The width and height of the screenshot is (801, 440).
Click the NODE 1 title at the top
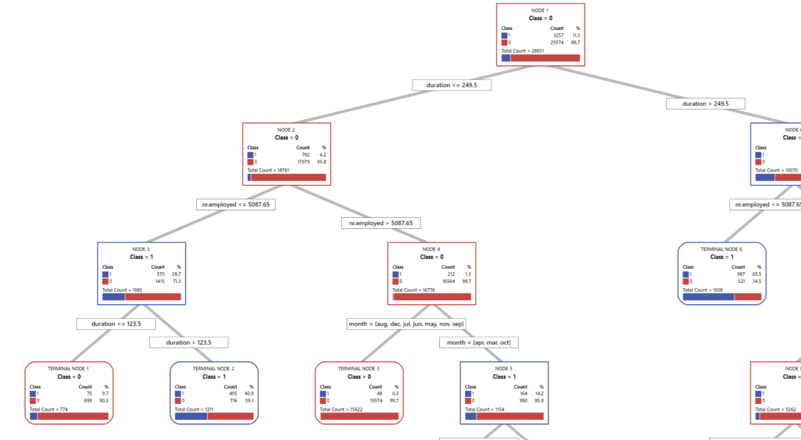(540, 11)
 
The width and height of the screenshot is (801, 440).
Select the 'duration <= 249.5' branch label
(452, 85)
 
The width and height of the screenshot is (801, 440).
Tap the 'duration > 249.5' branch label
(705, 104)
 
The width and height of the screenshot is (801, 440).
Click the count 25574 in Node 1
(556, 43)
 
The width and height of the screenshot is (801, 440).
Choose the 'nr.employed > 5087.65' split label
(381, 223)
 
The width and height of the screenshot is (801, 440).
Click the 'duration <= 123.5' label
(116, 324)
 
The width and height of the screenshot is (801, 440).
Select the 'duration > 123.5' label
(188, 342)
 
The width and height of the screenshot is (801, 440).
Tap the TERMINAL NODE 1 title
(69, 368)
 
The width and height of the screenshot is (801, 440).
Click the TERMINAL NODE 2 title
(214, 368)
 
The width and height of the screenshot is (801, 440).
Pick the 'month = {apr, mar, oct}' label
(478, 342)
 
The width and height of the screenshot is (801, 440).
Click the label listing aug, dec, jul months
(406, 324)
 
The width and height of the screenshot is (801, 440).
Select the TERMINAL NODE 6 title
(721, 249)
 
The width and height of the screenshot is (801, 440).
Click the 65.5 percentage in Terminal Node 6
(756, 274)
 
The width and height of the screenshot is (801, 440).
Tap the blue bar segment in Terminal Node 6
(708, 297)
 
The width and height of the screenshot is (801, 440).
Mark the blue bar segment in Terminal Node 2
(191, 416)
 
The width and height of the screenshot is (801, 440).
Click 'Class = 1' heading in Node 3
(141, 257)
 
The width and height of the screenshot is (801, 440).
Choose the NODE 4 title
(431, 249)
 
